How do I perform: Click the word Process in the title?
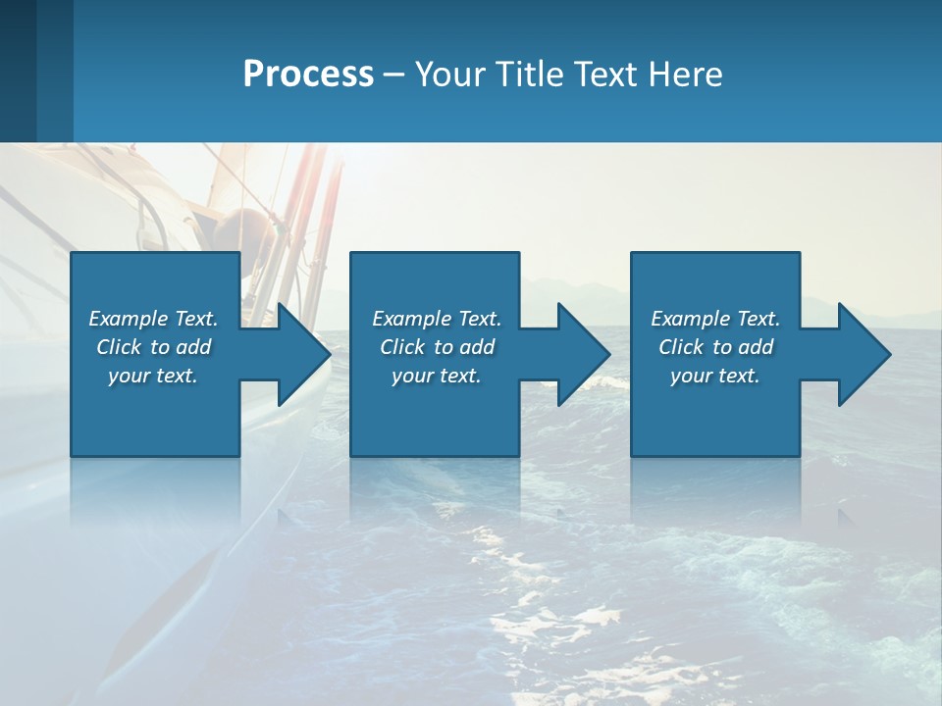308,75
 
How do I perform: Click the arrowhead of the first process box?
299,354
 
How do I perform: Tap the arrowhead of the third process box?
860,354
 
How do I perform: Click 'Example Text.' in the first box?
153,319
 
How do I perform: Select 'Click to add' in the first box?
153,347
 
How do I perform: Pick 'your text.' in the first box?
153,376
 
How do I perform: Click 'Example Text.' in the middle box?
437,319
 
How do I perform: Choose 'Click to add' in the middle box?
437,347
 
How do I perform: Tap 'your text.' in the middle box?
437,376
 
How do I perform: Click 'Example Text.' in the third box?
715,319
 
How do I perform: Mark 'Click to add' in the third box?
715,347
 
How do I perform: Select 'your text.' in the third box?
715,376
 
